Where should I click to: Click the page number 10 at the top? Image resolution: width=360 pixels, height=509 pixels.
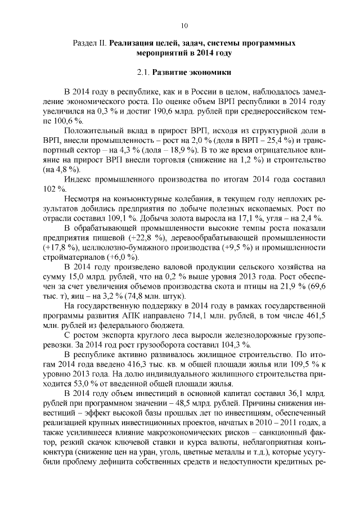point(184,25)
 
